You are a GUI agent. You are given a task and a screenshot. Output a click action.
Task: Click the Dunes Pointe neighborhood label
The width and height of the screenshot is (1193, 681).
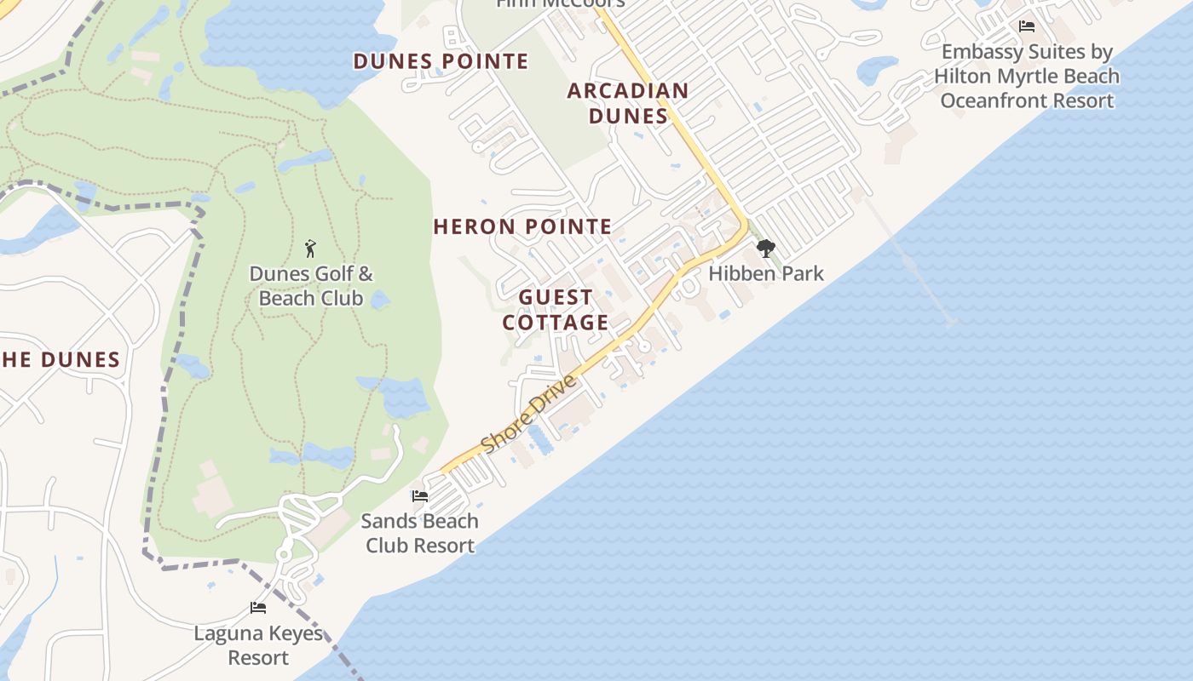(x=441, y=61)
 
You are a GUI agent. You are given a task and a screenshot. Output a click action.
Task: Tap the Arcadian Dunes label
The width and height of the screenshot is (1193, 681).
(x=628, y=103)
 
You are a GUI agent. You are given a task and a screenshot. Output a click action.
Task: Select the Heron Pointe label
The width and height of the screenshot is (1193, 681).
(x=522, y=226)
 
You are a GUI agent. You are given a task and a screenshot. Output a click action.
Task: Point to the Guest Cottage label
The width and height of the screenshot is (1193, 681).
(x=556, y=310)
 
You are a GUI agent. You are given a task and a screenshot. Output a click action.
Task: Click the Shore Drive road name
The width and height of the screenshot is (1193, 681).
(x=528, y=414)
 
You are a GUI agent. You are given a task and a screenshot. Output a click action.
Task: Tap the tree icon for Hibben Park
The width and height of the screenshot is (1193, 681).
(x=766, y=249)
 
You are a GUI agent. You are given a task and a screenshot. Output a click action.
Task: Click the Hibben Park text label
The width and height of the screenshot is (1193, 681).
(x=766, y=273)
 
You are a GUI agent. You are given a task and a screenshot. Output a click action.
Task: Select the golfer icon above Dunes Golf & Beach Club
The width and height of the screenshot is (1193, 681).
(x=310, y=249)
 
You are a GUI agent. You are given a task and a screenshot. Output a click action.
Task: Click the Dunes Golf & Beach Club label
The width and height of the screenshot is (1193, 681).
(x=311, y=286)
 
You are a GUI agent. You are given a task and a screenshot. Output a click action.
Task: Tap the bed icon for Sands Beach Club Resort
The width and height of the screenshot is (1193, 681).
(x=419, y=496)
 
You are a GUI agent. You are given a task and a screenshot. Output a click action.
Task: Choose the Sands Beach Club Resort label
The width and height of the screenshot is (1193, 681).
(x=419, y=533)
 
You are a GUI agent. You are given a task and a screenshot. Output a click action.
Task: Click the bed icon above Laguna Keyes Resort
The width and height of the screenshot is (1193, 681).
(x=258, y=608)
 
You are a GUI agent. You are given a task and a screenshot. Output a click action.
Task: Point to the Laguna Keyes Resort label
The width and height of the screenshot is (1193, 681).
(x=258, y=645)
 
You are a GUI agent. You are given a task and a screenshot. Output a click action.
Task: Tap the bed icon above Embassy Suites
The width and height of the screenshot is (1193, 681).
(x=1027, y=26)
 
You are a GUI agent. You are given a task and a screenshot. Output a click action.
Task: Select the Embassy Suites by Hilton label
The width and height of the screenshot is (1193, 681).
(x=1027, y=77)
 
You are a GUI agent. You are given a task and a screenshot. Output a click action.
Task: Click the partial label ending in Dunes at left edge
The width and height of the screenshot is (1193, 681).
(x=61, y=359)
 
